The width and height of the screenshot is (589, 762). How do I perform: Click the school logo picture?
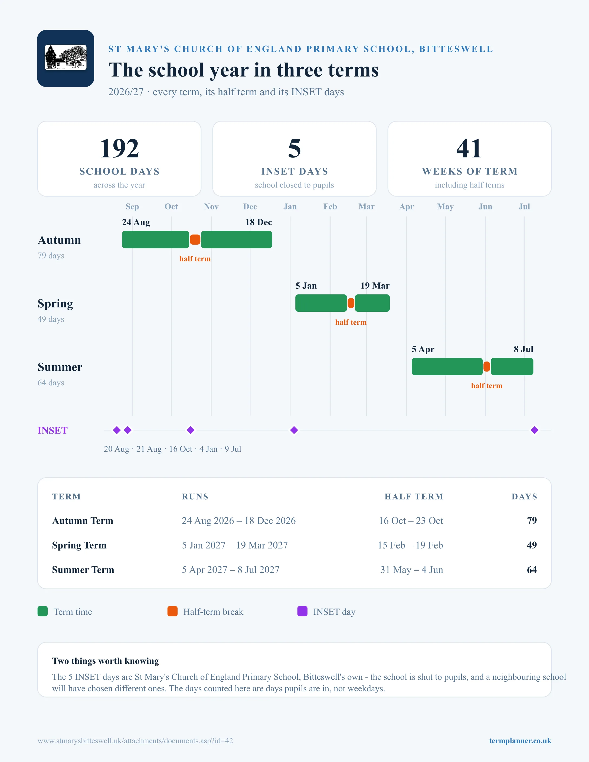pyautogui.click(x=66, y=58)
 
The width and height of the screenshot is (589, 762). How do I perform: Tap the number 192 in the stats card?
pyautogui.click(x=119, y=148)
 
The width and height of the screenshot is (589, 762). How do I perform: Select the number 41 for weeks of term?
pyautogui.click(x=469, y=148)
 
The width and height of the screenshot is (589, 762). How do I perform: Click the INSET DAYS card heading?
pyautogui.click(x=294, y=171)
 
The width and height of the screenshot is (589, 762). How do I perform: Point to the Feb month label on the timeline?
pyautogui.click(x=330, y=206)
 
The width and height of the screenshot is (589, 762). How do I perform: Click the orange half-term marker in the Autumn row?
pyautogui.click(x=195, y=240)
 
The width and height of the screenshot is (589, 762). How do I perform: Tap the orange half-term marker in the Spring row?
pyautogui.click(x=351, y=303)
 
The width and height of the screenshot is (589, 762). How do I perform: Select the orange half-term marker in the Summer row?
pyautogui.click(x=487, y=367)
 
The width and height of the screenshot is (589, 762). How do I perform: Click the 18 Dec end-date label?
pyautogui.click(x=258, y=222)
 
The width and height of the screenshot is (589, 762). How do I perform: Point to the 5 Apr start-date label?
pyautogui.click(x=423, y=349)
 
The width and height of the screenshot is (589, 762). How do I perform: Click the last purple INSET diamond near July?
pyautogui.click(x=535, y=430)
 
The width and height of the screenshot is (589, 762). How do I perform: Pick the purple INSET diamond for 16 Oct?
pyautogui.click(x=191, y=430)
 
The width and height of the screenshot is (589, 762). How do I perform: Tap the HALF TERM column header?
pyautogui.click(x=414, y=497)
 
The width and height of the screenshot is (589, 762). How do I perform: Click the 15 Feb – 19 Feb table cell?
pyautogui.click(x=410, y=545)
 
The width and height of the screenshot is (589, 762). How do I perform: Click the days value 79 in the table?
pyautogui.click(x=532, y=521)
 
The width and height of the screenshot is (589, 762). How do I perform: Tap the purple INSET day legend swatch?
pyautogui.click(x=302, y=611)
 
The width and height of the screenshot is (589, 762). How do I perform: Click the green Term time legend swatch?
pyautogui.click(x=42, y=611)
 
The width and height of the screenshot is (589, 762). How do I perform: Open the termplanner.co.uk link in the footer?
pyautogui.click(x=520, y=741)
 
